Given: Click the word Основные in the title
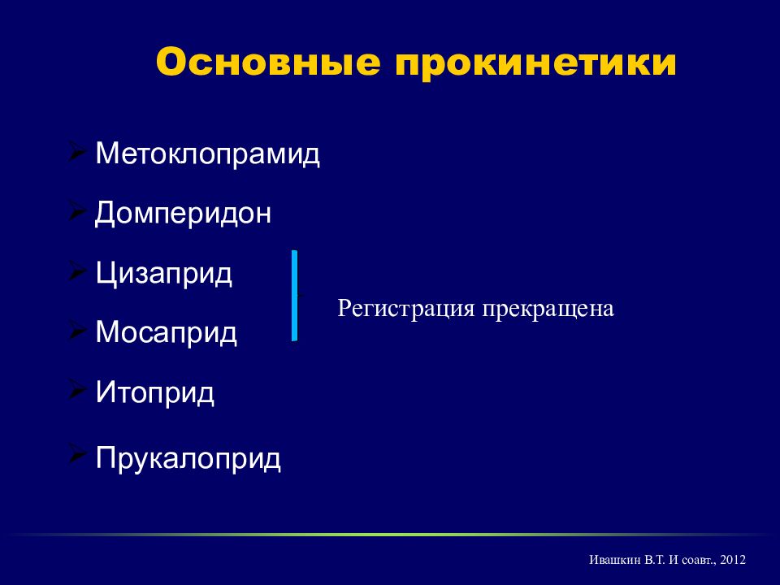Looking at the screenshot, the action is click(269, 63).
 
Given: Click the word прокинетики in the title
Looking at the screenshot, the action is click(535, 64).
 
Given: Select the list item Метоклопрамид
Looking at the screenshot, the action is click(207, 154).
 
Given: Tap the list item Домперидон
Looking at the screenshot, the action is click(183, 214).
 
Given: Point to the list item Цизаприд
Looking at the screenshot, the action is click(163, 273).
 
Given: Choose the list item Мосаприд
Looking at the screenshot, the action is click(166, 332).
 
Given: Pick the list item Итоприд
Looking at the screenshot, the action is click(154, 392).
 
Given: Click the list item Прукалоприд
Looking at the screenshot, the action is click(188, 458).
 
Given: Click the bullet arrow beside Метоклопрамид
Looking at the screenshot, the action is click(76, 151).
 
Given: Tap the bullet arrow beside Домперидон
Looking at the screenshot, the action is click(76, 210).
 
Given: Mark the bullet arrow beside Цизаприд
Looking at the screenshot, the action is click(76, 270).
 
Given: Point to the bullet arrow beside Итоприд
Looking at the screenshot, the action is click(76, 389).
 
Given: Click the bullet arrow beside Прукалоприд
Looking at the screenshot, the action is click(76, 454).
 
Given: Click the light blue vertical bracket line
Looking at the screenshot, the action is click(294, 296).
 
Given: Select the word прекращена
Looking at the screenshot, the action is click(548, 309).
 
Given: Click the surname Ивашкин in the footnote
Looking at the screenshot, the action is click(614, 560).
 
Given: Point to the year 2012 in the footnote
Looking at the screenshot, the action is click(732, 560).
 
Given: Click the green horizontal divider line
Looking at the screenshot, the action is click(390, 535).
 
